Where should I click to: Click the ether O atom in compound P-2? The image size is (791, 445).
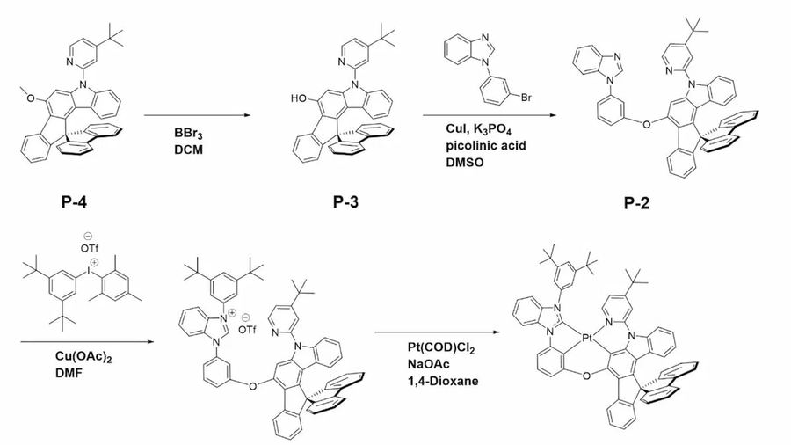point(646,124)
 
